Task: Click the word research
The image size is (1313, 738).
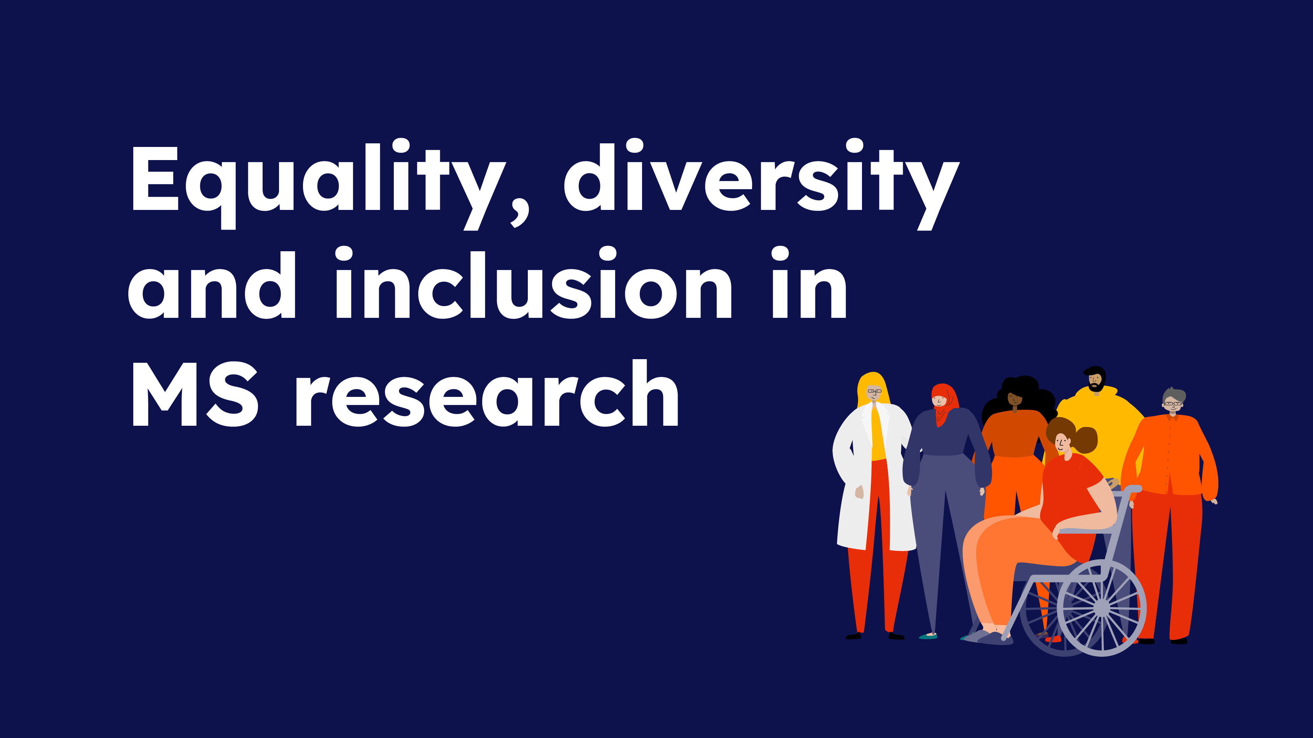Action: [x=487, y=393]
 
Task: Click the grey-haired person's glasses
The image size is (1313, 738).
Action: [x=1173, y=404]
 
